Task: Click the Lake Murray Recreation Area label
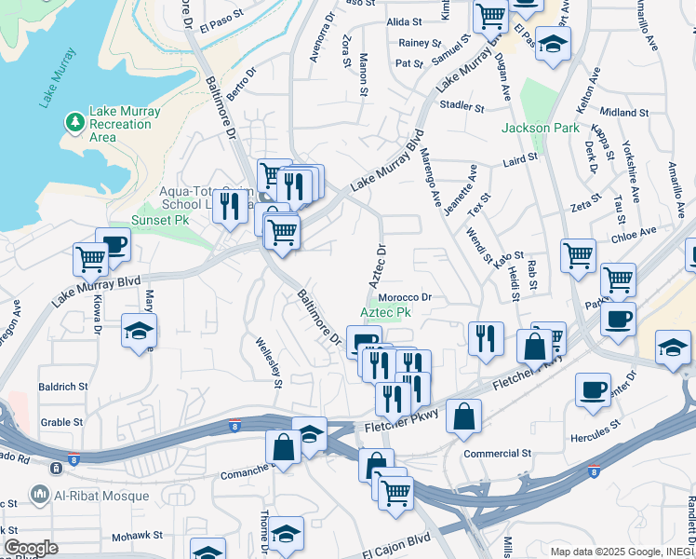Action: (124, 124)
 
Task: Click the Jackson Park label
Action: (541, 128)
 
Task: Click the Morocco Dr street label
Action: (407, 298)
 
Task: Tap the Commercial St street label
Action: (497, 454)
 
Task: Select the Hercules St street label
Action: (596, 431)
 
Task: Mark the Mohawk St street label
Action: (137, 536)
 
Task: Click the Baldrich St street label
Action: (63, 386)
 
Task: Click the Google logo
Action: (31, 548)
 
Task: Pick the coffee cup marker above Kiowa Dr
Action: (113, 244)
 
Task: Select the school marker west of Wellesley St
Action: (139, 330)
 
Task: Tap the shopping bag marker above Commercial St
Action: (463, 416)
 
